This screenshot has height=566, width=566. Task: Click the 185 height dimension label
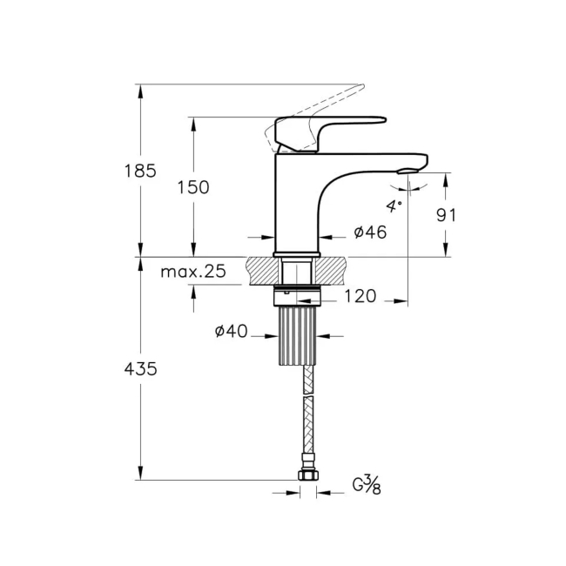point(139,171)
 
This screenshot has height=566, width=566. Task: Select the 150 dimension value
point(193,187)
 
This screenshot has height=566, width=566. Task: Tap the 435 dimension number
point(139,368)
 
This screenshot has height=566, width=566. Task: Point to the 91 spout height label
point(446,215)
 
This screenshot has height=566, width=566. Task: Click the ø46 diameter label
point(370,232)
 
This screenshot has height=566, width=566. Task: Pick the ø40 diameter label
point(231,331)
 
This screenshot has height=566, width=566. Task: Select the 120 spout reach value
point(360,297)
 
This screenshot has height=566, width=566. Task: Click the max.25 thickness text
point(193,272)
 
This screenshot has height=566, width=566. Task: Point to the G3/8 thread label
point(365,485)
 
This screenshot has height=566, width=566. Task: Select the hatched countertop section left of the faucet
point(260,271)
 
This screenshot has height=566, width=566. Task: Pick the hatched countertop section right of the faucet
point(334,271)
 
